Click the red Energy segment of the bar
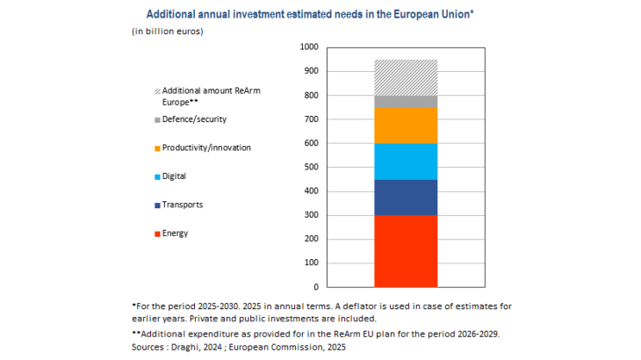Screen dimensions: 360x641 pyautogui.click(x=406, y=251)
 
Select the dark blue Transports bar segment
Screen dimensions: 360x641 pyautogui.click(x=406, y=198)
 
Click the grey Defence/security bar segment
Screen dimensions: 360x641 pyautogui.click(x=406, y=102)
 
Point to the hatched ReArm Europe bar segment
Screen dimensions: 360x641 pyautogui.click(x=406, y=77)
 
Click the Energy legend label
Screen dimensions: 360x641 pyautogui.click(x=175, y=234)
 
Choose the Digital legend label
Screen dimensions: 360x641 pyautogui.click(x=176, y=176)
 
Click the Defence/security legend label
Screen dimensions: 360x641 pyautogui.click(x=196, y=119)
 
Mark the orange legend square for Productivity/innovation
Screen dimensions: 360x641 pyautogui.click(x=157, y=148)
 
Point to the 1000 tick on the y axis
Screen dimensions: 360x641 pyautogui.click(x=309, y=47)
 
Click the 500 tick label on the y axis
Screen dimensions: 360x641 pyautogui.click(x=311, y=168)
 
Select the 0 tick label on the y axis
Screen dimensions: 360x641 pyautogui.click(x=316, y=287)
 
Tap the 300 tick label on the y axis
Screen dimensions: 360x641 pyautogui.click(x=311, y=215)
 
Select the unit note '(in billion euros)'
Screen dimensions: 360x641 pyautogui.click(x=168, y=32)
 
